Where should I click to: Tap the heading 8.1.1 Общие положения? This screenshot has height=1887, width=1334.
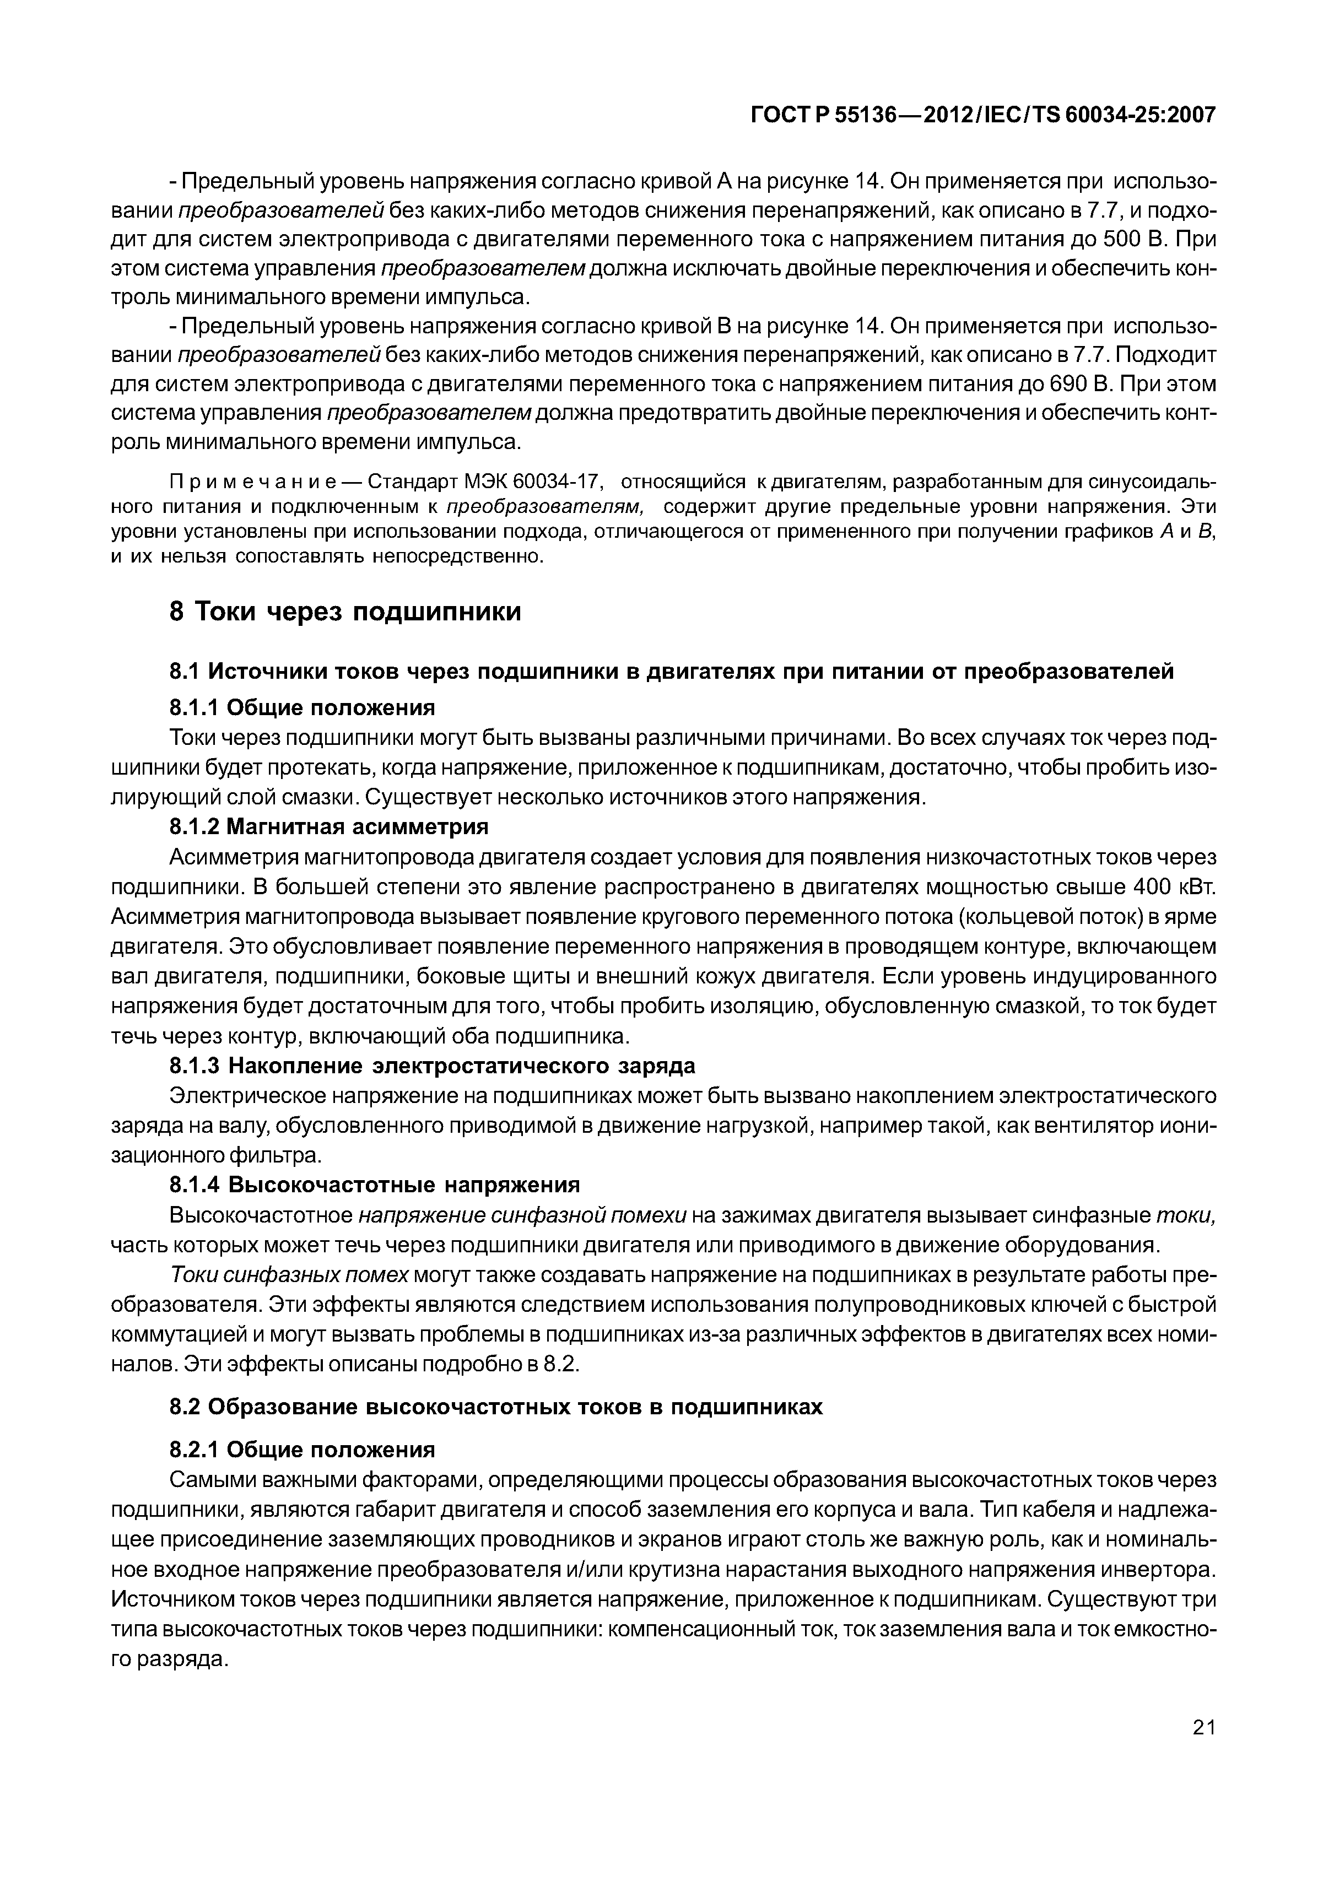coord(301,707)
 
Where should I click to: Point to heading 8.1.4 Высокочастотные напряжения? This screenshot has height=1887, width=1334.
coord(374,1185)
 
